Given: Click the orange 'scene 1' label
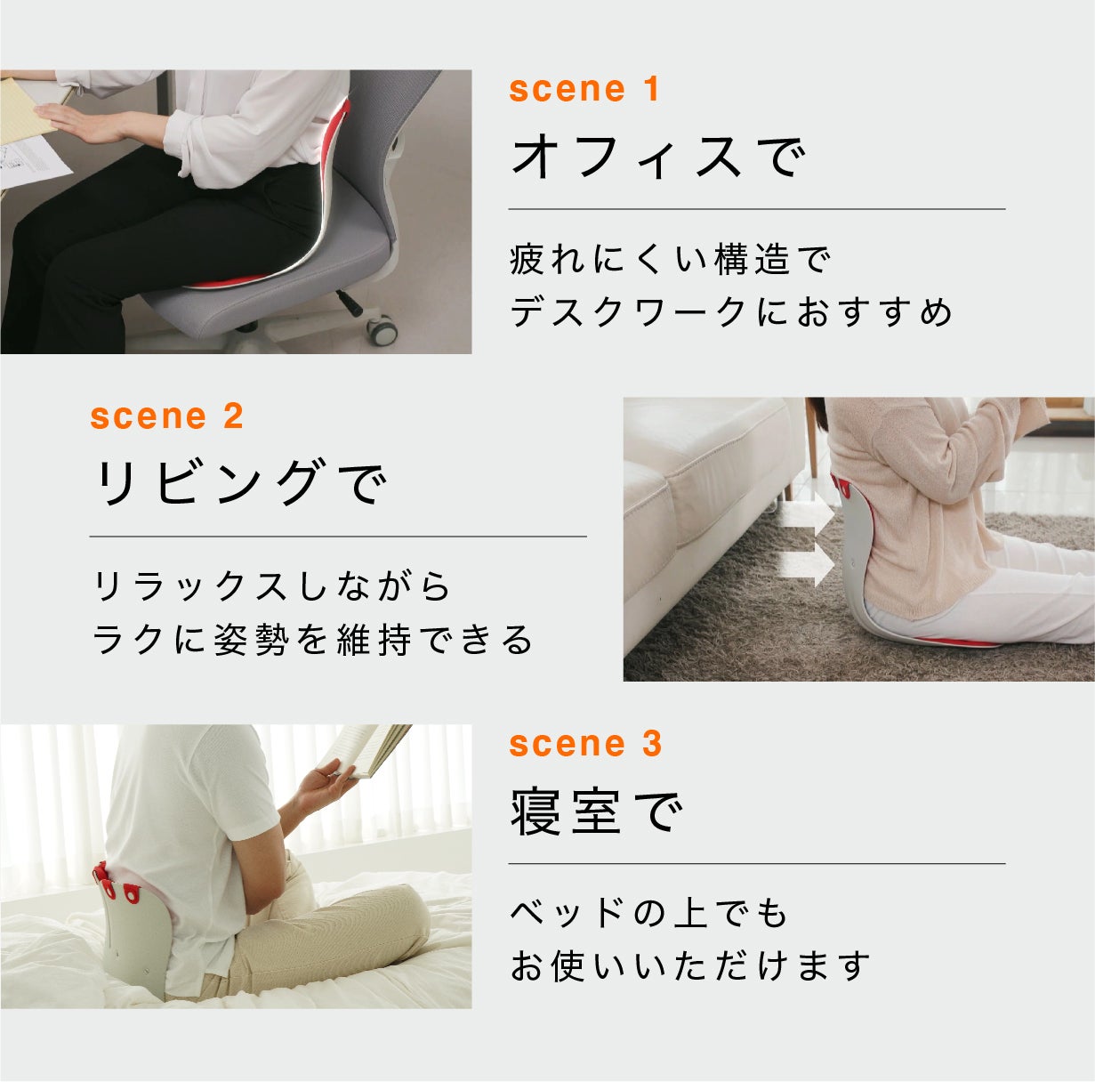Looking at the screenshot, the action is [x=584, y=89].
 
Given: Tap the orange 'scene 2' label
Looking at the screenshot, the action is [x=166, y=416].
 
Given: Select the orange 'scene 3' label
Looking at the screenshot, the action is [x=585, y=744].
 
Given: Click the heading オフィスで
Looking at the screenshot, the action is [x=657, y=157].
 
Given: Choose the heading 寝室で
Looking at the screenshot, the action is [x=596, y=811].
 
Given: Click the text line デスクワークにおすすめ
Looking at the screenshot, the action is [x=731, y=311].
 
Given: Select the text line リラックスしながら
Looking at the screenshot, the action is [x=271, y=586].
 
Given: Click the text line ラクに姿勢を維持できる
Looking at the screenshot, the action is [x=312, y=640].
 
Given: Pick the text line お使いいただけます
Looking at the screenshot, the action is [x=689, y=965].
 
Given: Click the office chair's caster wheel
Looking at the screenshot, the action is [x=382, y=329].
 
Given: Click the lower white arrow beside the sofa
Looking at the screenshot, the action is [x=808, y=568].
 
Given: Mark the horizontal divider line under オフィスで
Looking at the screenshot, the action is [x=757, y=209].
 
